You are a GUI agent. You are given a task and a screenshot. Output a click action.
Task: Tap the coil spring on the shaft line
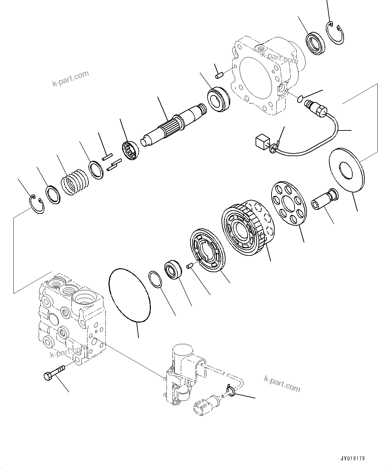[75, 182]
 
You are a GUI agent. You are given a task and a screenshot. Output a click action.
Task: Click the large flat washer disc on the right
[347, 170]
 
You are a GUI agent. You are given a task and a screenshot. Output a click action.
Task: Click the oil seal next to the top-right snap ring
[314, 42]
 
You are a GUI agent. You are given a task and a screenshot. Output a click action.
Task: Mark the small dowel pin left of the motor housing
[219, 75]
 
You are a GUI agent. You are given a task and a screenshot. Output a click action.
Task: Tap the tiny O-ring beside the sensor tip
[300, 98]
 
